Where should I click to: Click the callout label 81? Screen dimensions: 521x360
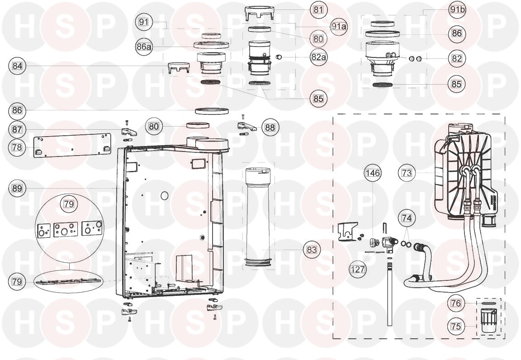point(318,9)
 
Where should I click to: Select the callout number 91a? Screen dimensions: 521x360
point(339,26)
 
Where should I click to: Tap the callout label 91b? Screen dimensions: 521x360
point(458,10)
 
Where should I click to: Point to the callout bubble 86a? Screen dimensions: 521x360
point(144,47)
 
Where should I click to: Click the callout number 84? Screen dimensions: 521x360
point(17,66)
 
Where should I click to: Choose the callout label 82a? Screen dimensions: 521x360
point(318,57)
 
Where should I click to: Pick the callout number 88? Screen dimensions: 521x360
point(270,128)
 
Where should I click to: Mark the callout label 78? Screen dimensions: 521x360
point(17,147)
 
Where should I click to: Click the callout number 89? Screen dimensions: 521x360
point(17,189)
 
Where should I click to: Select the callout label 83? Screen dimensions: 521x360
point(312,249)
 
